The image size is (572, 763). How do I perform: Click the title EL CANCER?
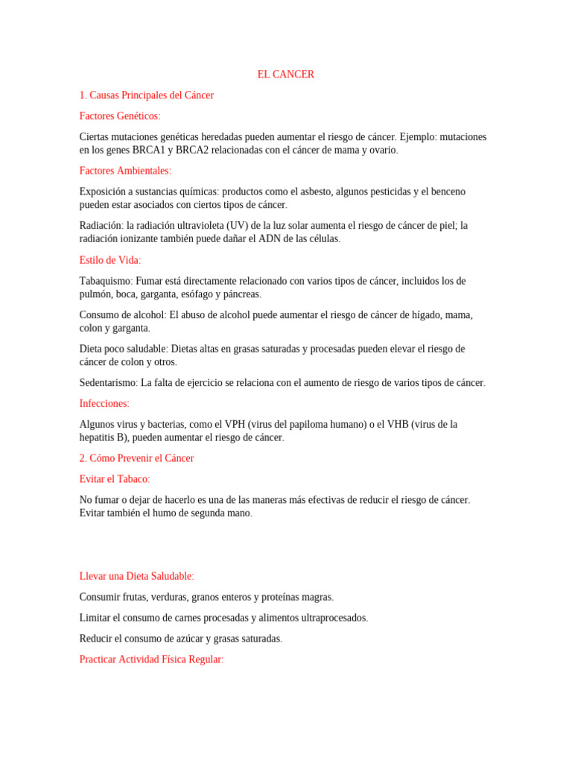(286, 75)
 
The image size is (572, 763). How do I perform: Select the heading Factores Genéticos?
(119, 116)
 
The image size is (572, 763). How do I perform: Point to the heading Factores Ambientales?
(125, 171)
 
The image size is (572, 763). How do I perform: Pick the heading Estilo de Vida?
(109, 260)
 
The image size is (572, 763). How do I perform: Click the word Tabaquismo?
(104, 281)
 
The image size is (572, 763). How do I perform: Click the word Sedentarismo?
(107, 383)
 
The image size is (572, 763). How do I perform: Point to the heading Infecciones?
(104, 404)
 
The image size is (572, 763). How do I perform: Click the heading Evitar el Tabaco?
(114, 479)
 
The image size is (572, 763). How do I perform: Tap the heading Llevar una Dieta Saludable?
(136, 576)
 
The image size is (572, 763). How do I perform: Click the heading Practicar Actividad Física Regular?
(151, 660)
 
